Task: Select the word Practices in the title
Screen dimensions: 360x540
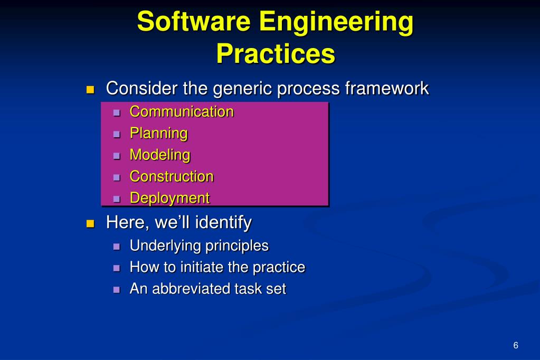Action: point(276,54)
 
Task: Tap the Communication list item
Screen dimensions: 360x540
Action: point(182,112)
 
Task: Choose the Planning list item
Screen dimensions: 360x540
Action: point(158,134)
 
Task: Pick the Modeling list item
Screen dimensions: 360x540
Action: point(160,155)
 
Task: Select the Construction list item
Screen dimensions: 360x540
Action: point(172,176)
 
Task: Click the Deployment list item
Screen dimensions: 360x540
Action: point(169,198)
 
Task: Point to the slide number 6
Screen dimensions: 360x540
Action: point(516,346)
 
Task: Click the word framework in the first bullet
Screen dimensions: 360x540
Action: point(386,88)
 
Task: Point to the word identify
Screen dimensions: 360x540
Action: point(223,223)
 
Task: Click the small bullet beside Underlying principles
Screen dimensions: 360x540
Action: point(117,247)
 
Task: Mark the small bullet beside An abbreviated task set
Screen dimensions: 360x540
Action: point(117,290)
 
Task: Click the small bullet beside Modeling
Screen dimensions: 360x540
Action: point(117,156)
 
